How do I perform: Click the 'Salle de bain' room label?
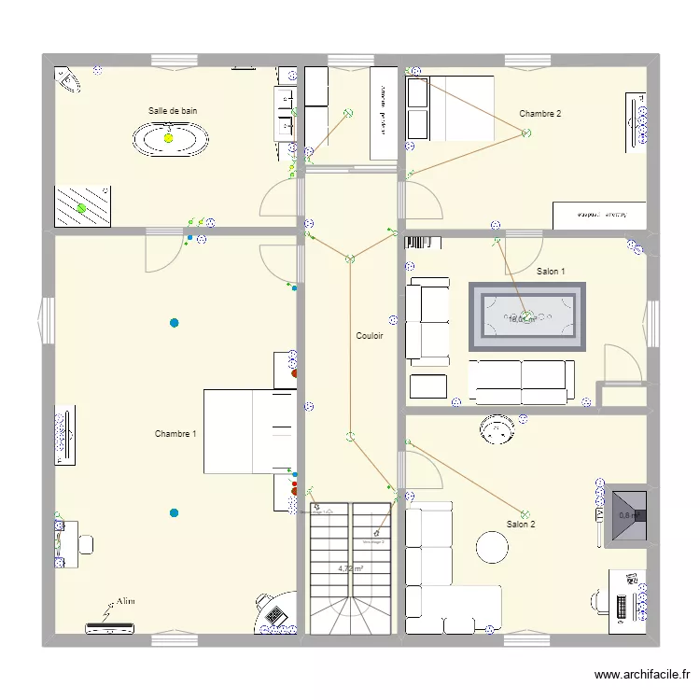click(x=173, y=111)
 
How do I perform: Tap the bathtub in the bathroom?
click(x=169, y=139)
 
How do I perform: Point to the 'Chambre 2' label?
click(x=540, y=114)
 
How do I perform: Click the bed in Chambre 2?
click(x=451, y=108)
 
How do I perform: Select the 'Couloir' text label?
click(x=370, y=336)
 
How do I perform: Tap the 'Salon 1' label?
click(x=551, y=272)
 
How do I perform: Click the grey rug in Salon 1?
click(x=526, y=317)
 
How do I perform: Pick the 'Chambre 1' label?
click(x=175, y=434)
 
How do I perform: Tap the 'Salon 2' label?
click(x=521, y=525)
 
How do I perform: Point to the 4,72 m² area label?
click(x=350, y=567)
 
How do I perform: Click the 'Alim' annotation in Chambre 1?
click(x=125, y=602)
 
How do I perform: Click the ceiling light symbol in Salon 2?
click(x=525, y=512)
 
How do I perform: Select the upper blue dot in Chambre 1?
click(x=174, y=324)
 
